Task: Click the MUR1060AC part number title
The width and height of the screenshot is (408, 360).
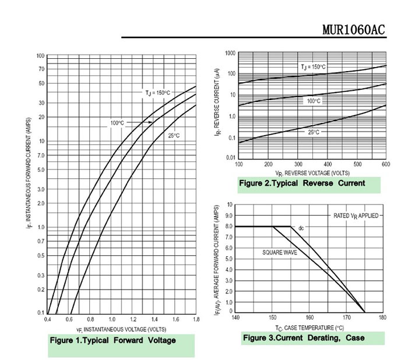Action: (353, 30)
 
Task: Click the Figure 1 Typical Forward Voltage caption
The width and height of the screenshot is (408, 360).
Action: (112, 340)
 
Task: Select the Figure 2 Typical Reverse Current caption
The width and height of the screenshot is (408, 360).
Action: (302, 183)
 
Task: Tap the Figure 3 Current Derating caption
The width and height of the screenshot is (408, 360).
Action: (303, 338)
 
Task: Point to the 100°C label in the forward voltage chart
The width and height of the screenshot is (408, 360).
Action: (117, 123)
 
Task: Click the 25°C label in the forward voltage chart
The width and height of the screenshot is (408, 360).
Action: (174, 136)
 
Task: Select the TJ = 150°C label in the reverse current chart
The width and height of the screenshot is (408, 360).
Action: (318, 67)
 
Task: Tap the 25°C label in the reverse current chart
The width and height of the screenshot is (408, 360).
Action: (314, 132)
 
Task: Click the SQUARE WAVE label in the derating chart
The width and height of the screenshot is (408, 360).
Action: (279, 253)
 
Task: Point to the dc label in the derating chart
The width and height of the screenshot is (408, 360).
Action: (301, 227)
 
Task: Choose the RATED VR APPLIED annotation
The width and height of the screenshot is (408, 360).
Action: (356, 216)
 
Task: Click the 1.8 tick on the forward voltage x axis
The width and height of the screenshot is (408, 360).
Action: (196, 320)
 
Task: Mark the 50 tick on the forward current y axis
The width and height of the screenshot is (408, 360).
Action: (41, 83)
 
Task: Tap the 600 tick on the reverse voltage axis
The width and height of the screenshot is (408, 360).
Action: (386, 164)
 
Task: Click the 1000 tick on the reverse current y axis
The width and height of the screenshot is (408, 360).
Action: (230, 54)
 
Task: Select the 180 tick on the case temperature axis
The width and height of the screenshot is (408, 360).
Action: (382, 317)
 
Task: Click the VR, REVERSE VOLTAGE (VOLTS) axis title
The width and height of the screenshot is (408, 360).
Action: (312, 173)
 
